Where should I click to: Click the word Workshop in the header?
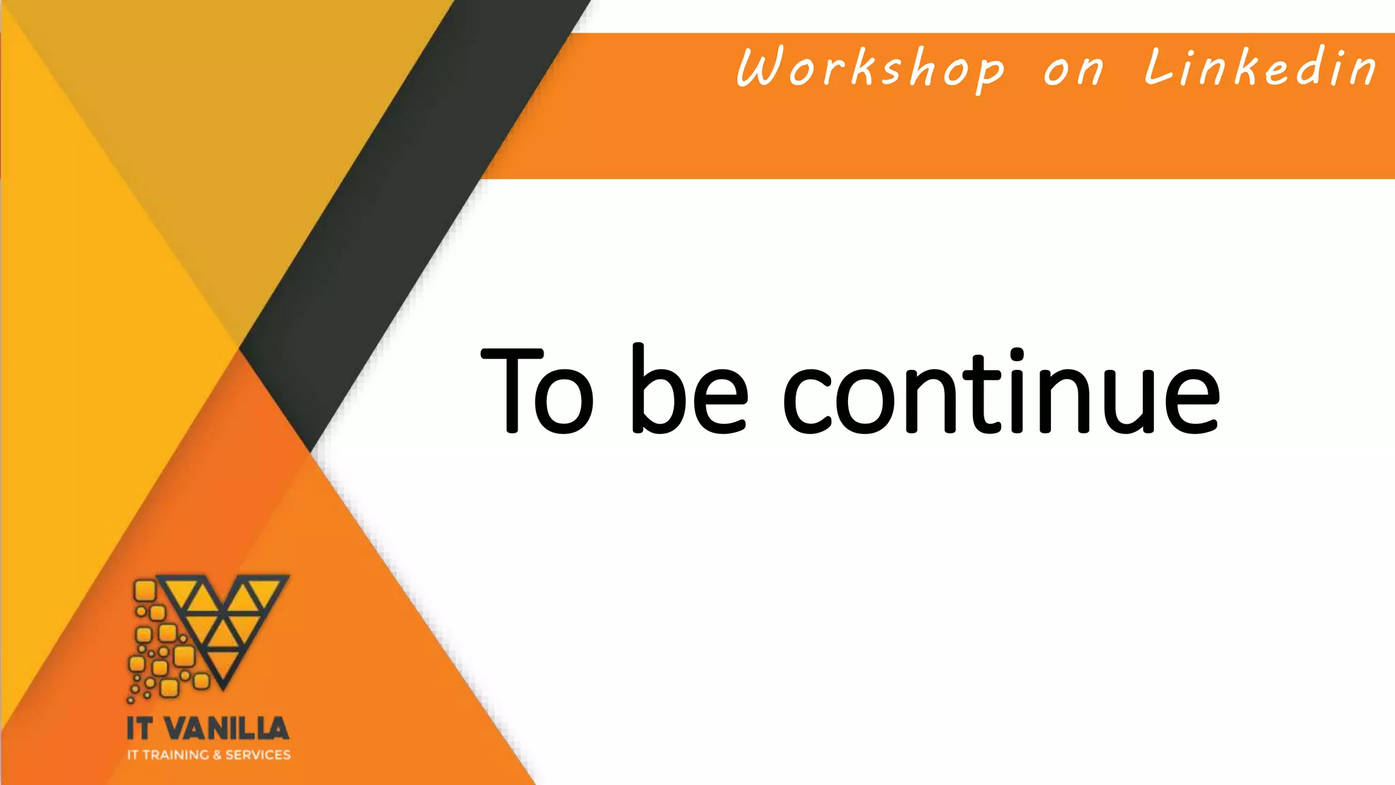tap(870, 68)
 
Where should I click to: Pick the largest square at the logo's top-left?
tap(144, 590)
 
